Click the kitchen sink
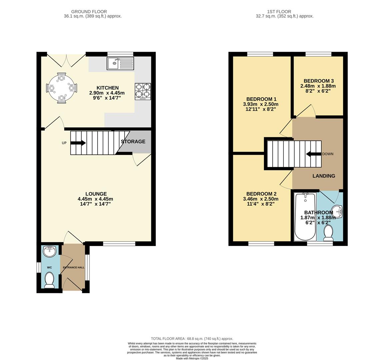click(120, 63)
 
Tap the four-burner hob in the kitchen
click(143, 91)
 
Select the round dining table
click(61, 88)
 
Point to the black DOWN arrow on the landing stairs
click(313, 154)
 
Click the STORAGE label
click(133, 142)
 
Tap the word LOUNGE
click(96, 194)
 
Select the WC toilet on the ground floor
click(50, 280)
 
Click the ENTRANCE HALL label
click(74, 267)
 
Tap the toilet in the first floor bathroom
click(329, 233)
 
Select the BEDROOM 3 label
click(319, 81)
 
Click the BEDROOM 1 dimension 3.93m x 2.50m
click(261, 104)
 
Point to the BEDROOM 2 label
click(261, 194)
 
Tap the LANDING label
click(324, 176)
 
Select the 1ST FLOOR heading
click(278, 12)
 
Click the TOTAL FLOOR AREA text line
click(192, 338)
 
